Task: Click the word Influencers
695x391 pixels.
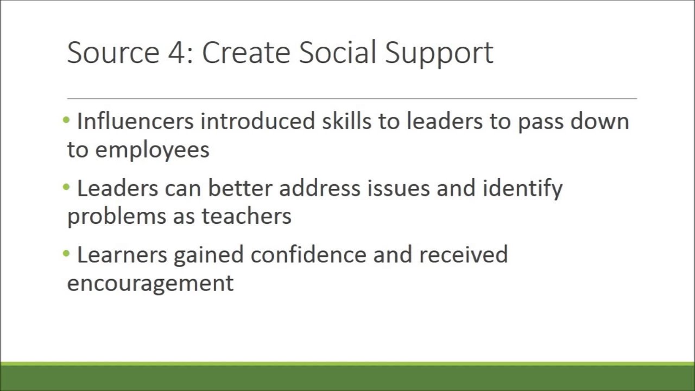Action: [x=135, y=121]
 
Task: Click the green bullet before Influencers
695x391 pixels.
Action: [x=67, y=120]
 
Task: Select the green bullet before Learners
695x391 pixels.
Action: [x=67, y=254]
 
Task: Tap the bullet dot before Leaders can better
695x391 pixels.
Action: [x=67, y=187]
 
